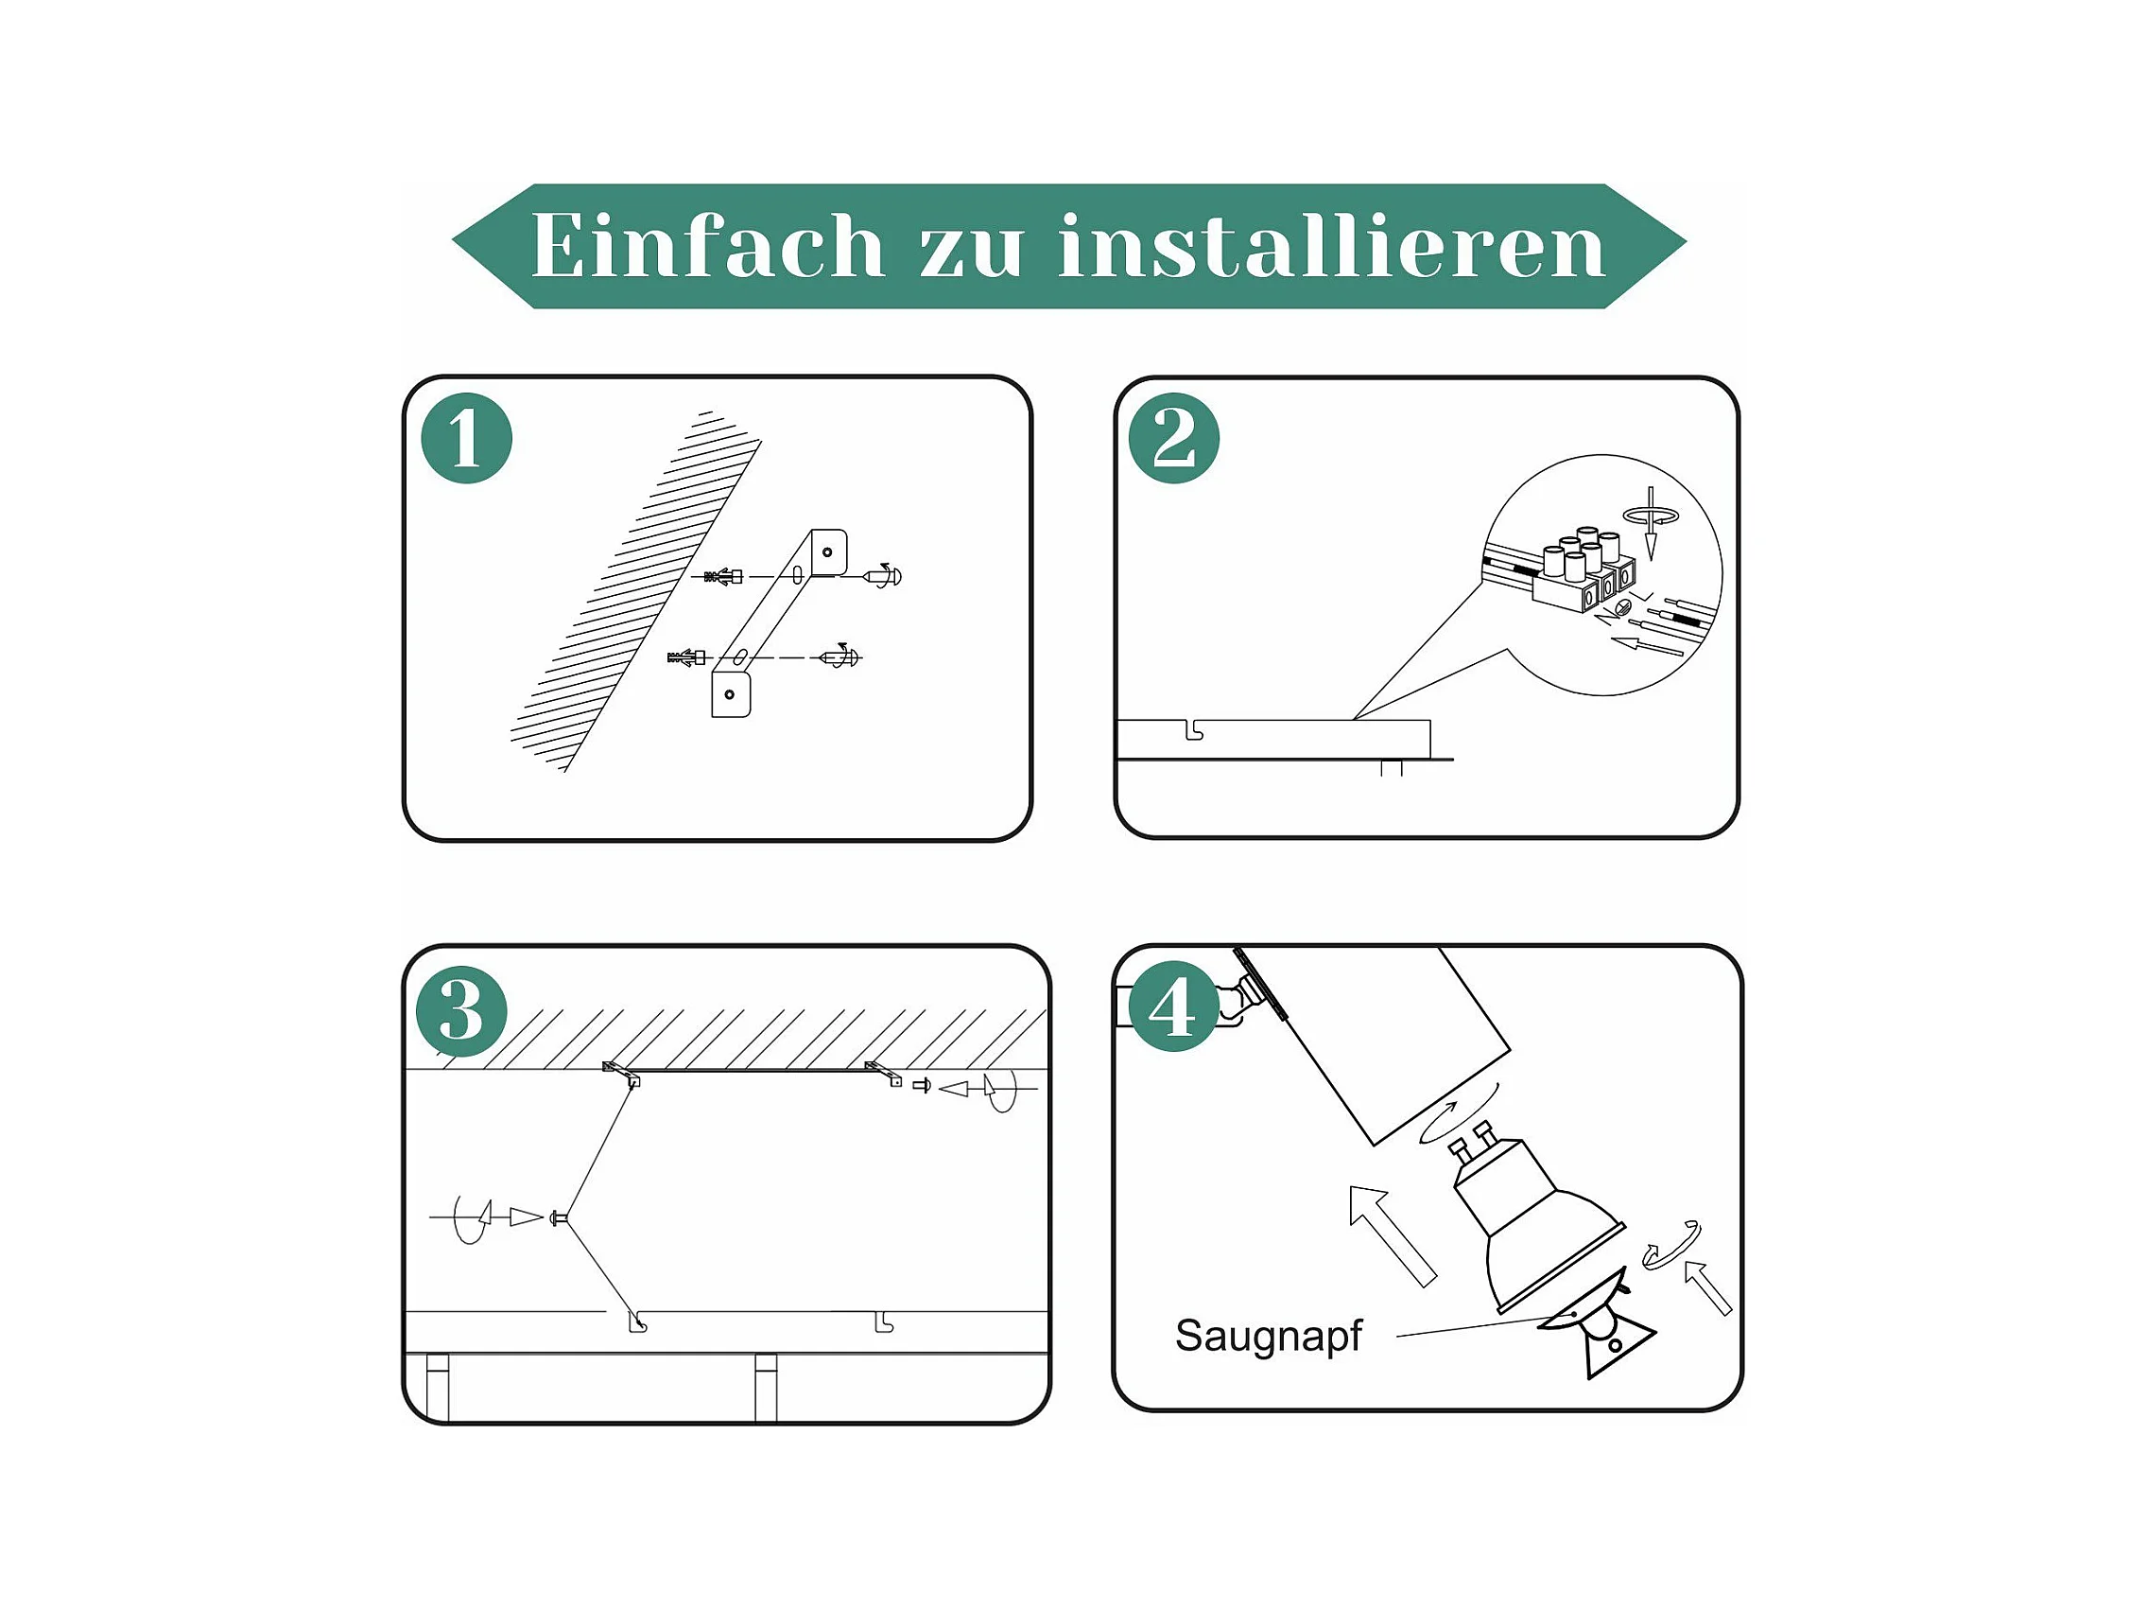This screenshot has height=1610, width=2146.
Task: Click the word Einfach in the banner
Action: point(707,246)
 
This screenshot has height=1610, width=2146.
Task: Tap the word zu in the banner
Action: point(971,251)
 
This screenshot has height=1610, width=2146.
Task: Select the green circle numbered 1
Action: point(467,439)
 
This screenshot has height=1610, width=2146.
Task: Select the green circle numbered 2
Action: point(1174,439)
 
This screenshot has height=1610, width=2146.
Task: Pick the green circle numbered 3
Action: point(460,1011)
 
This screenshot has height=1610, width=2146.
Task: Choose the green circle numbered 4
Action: point(1172,1006)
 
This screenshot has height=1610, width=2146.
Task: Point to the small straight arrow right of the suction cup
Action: point(1707,1286)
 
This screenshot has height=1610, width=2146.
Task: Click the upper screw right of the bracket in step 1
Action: point(883,575)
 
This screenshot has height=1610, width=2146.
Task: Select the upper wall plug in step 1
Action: point(724,576)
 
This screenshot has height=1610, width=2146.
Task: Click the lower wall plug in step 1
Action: point(686,658)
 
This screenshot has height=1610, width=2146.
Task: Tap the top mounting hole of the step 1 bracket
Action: point(826,552)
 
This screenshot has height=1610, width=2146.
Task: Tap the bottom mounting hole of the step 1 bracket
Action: point(730,695)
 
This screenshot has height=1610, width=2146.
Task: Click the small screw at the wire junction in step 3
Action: point(558,1217)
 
